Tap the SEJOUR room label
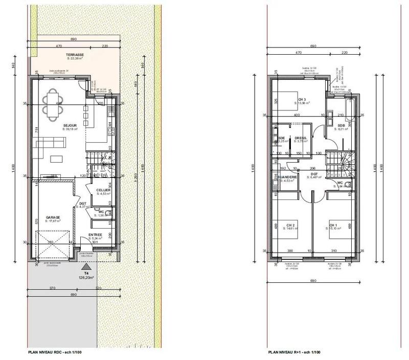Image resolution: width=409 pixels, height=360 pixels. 70,124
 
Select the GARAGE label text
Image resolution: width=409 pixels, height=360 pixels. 53,217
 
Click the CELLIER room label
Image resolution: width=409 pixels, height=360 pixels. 103,190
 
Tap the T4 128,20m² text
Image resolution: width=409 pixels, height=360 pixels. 88,277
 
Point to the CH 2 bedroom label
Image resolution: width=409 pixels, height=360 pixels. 290,225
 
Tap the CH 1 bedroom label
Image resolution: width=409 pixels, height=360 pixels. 333,225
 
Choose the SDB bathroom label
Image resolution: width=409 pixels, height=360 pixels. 341,126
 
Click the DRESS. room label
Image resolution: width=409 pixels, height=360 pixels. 301,138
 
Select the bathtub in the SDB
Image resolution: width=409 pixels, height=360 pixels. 349,109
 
